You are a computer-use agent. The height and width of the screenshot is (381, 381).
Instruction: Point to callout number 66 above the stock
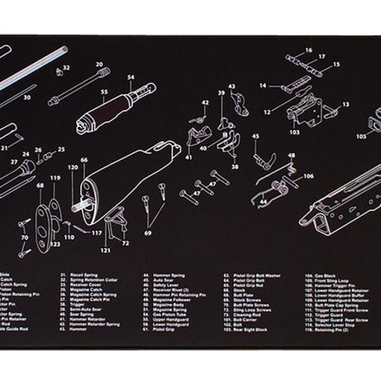click(84, 159)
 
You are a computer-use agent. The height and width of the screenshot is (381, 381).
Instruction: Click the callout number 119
click(55, 179)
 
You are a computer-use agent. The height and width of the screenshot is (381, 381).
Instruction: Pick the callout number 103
click(295, 132)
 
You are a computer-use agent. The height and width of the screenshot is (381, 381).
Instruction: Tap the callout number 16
click(308, 50)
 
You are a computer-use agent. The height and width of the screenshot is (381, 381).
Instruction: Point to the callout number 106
click(307, 176)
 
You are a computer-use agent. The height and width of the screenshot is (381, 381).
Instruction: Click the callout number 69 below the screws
click(147, 231)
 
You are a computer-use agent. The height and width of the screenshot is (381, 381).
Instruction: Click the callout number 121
click(105, 251)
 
